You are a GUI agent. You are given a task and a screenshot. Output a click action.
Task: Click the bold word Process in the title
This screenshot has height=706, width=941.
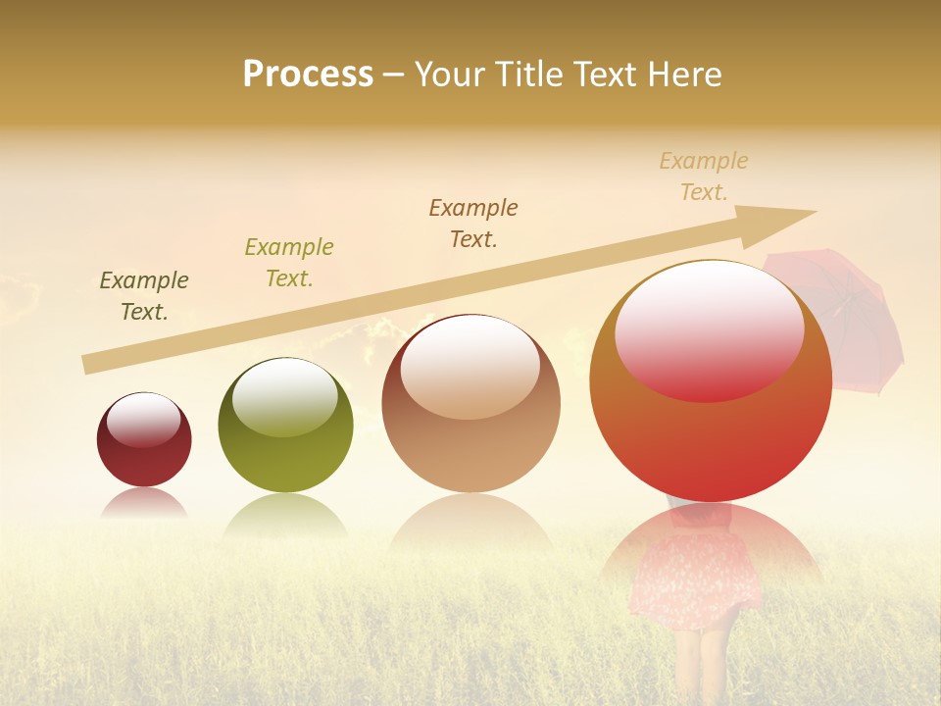(x=308, y=74)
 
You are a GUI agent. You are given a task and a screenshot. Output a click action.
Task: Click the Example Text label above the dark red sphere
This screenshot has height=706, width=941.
(x=144, y=296)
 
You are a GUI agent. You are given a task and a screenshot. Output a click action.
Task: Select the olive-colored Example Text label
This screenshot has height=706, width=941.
(x=289, y=263)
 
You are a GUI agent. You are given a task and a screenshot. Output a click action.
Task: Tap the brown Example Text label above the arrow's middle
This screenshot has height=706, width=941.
(x=473, y=224)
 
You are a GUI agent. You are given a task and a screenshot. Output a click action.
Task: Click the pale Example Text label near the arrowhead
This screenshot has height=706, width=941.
(x=704, y=176)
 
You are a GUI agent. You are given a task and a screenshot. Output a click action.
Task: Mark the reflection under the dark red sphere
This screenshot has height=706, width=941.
(x=144, y=503)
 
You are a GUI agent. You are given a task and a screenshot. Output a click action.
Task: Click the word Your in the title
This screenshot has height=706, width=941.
(x=448, y=74)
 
